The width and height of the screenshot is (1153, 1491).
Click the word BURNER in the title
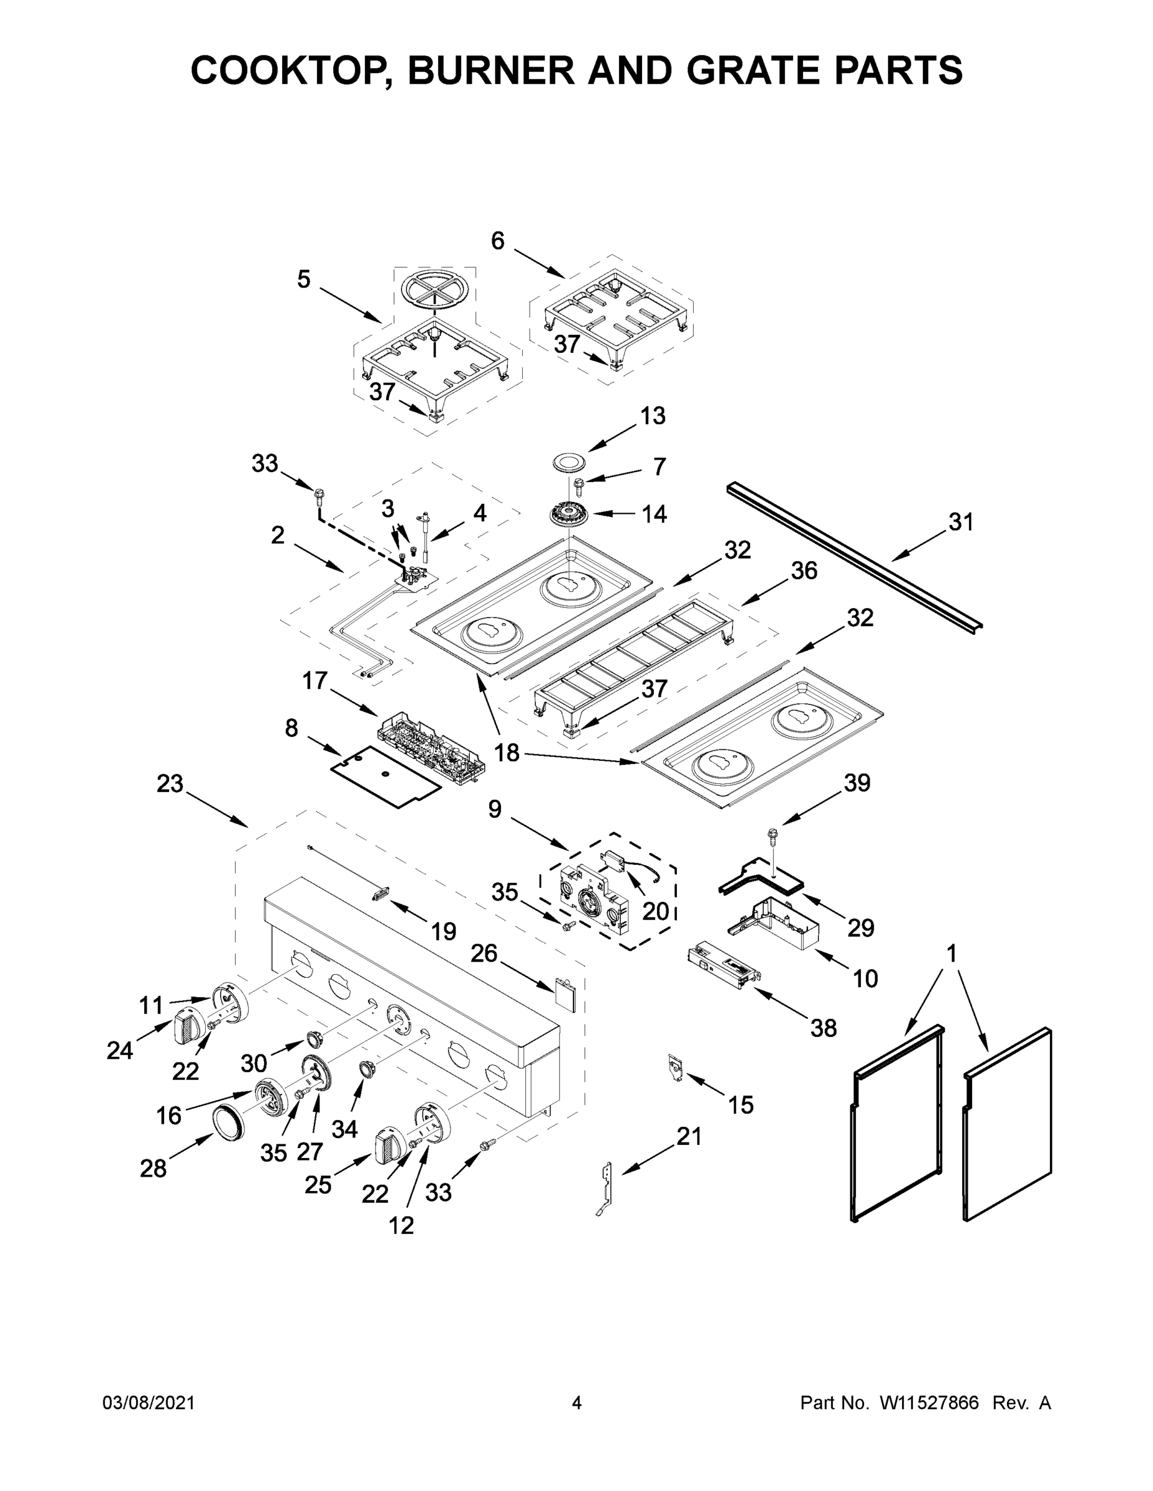[491, 70]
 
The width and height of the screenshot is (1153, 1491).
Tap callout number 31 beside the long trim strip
[960, 522]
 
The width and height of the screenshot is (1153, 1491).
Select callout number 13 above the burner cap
[652, 415]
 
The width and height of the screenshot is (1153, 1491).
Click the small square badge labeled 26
[564, 992]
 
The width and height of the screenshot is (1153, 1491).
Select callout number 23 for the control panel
[170, 784]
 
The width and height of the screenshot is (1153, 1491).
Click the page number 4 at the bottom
[577, 1402]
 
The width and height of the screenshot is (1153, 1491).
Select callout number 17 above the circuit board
[316, 681]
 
